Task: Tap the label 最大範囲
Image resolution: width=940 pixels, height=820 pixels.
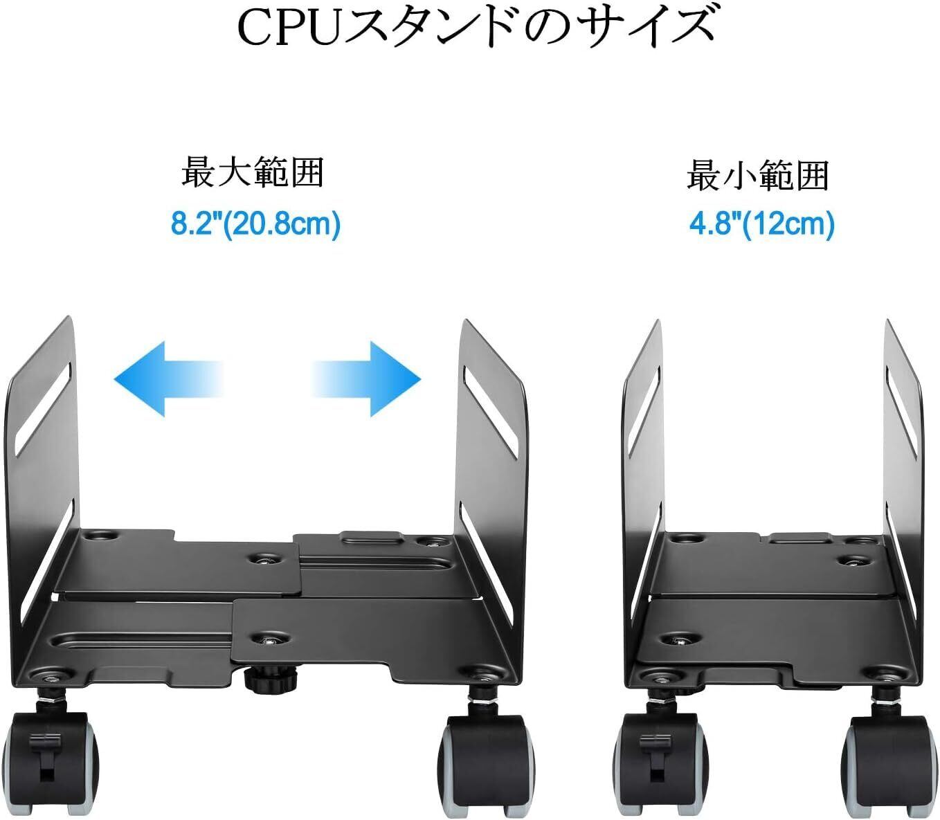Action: pyautogui.click(x=253, y=172)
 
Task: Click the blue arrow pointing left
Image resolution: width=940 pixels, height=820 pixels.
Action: pyautogui.click(x=166, y=378)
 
